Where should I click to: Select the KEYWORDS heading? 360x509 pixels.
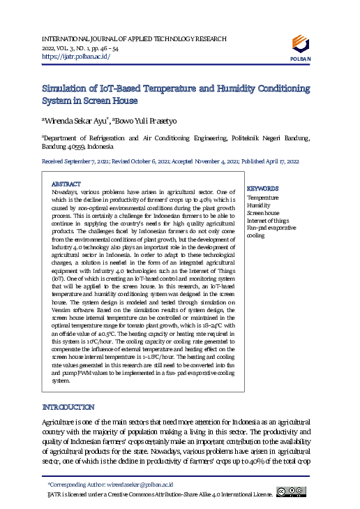(x=263, y=189)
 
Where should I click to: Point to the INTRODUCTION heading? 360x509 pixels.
(x=68, y=407)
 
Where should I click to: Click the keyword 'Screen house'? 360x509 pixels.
(x=264, y=213)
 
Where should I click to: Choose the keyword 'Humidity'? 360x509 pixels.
(x=259, y=205)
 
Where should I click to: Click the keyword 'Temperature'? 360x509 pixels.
(x=262, y=198)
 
